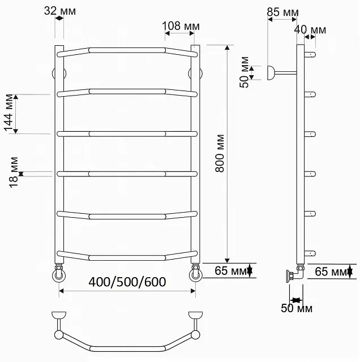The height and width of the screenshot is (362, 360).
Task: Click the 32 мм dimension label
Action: tap(60, 11)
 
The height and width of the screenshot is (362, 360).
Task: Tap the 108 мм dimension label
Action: tap(181, 26)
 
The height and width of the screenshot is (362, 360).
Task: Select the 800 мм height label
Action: tap(220, 153)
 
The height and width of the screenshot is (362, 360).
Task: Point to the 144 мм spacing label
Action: tap(9, 113)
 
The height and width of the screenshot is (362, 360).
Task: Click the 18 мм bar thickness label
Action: tap(14, 172)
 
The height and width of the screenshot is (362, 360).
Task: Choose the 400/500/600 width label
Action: tap(127, 282)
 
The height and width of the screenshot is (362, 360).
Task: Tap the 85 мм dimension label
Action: tap(282, 12)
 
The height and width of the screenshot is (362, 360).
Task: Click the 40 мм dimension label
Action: tap(310, 30)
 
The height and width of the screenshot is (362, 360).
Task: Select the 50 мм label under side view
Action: tap(297, 308)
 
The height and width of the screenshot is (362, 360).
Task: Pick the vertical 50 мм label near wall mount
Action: tap(244, 72)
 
